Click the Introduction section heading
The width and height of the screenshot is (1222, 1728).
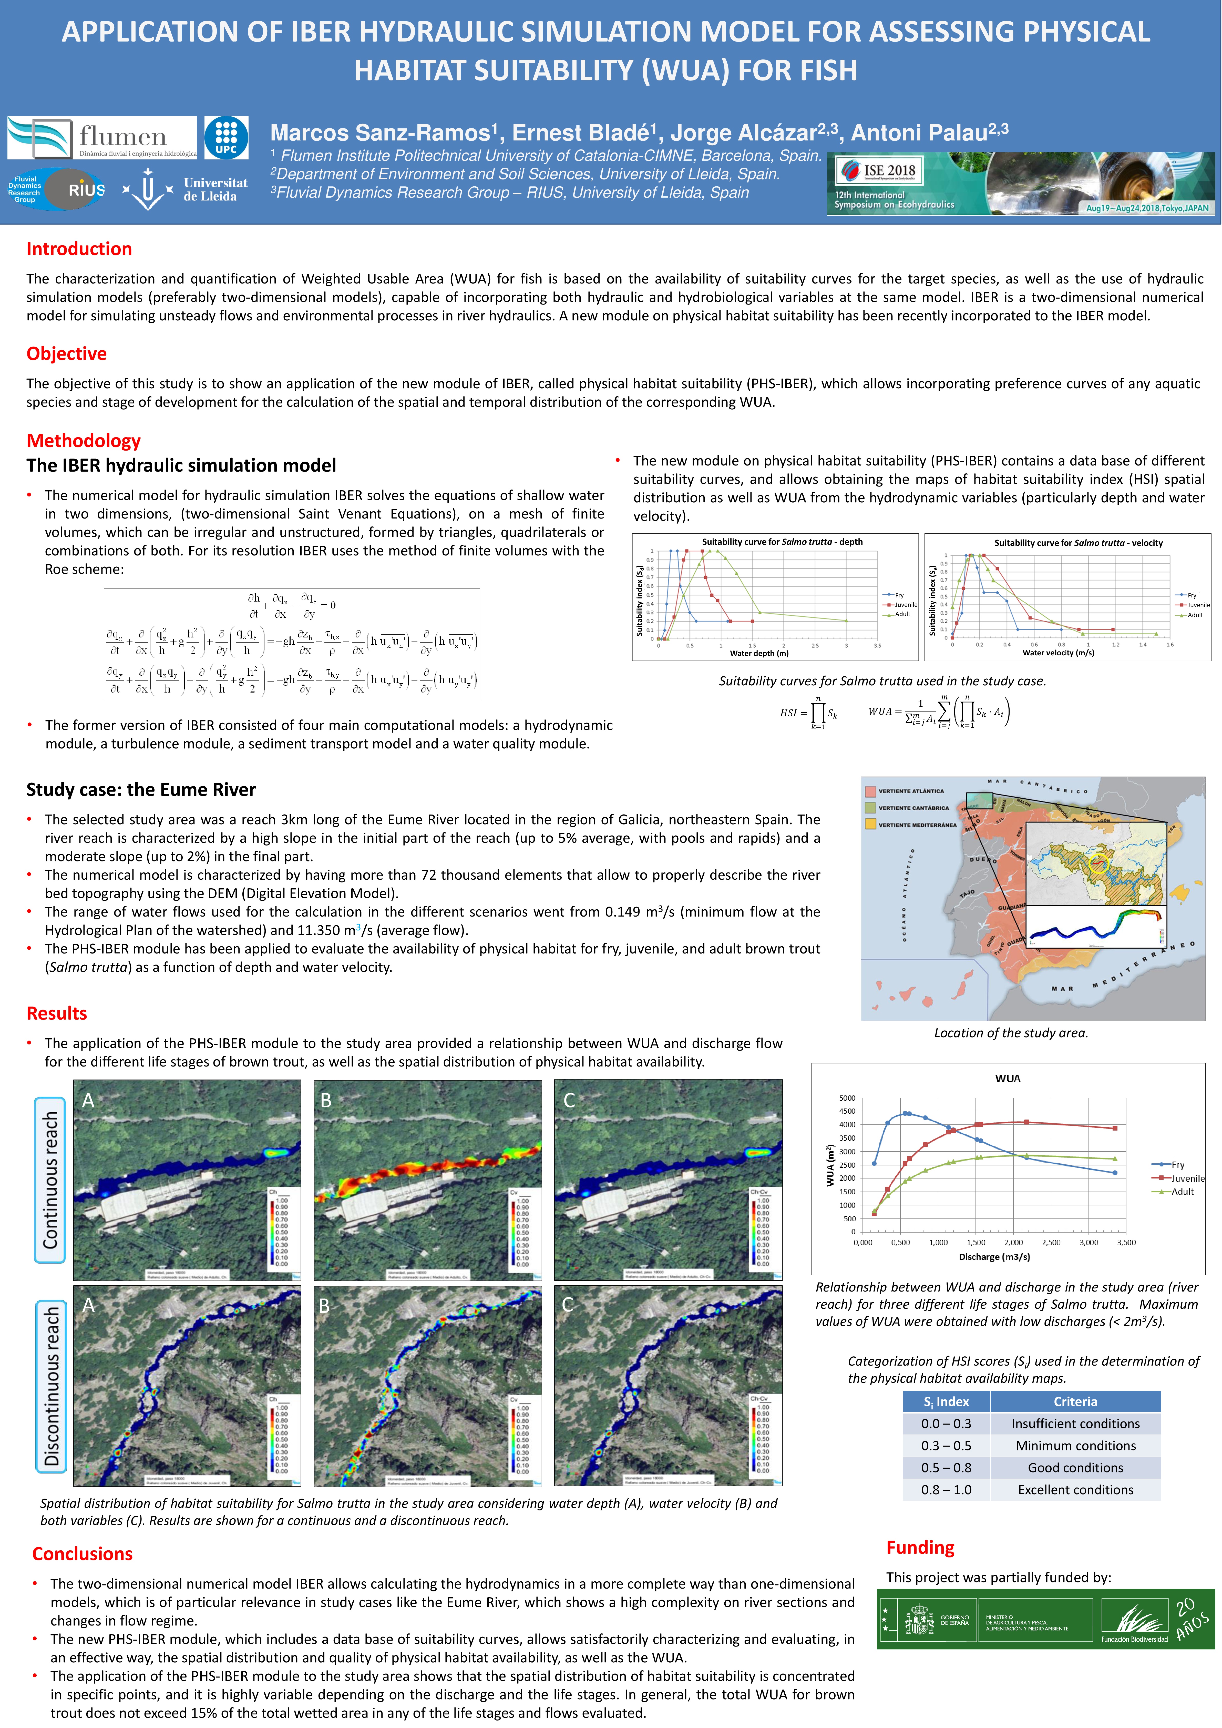click(79, 249)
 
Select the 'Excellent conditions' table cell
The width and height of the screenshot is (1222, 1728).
click(1075, 1489)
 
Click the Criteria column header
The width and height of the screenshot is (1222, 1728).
click(1075, 1401)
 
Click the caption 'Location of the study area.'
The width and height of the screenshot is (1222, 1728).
click(1011, 1033)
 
